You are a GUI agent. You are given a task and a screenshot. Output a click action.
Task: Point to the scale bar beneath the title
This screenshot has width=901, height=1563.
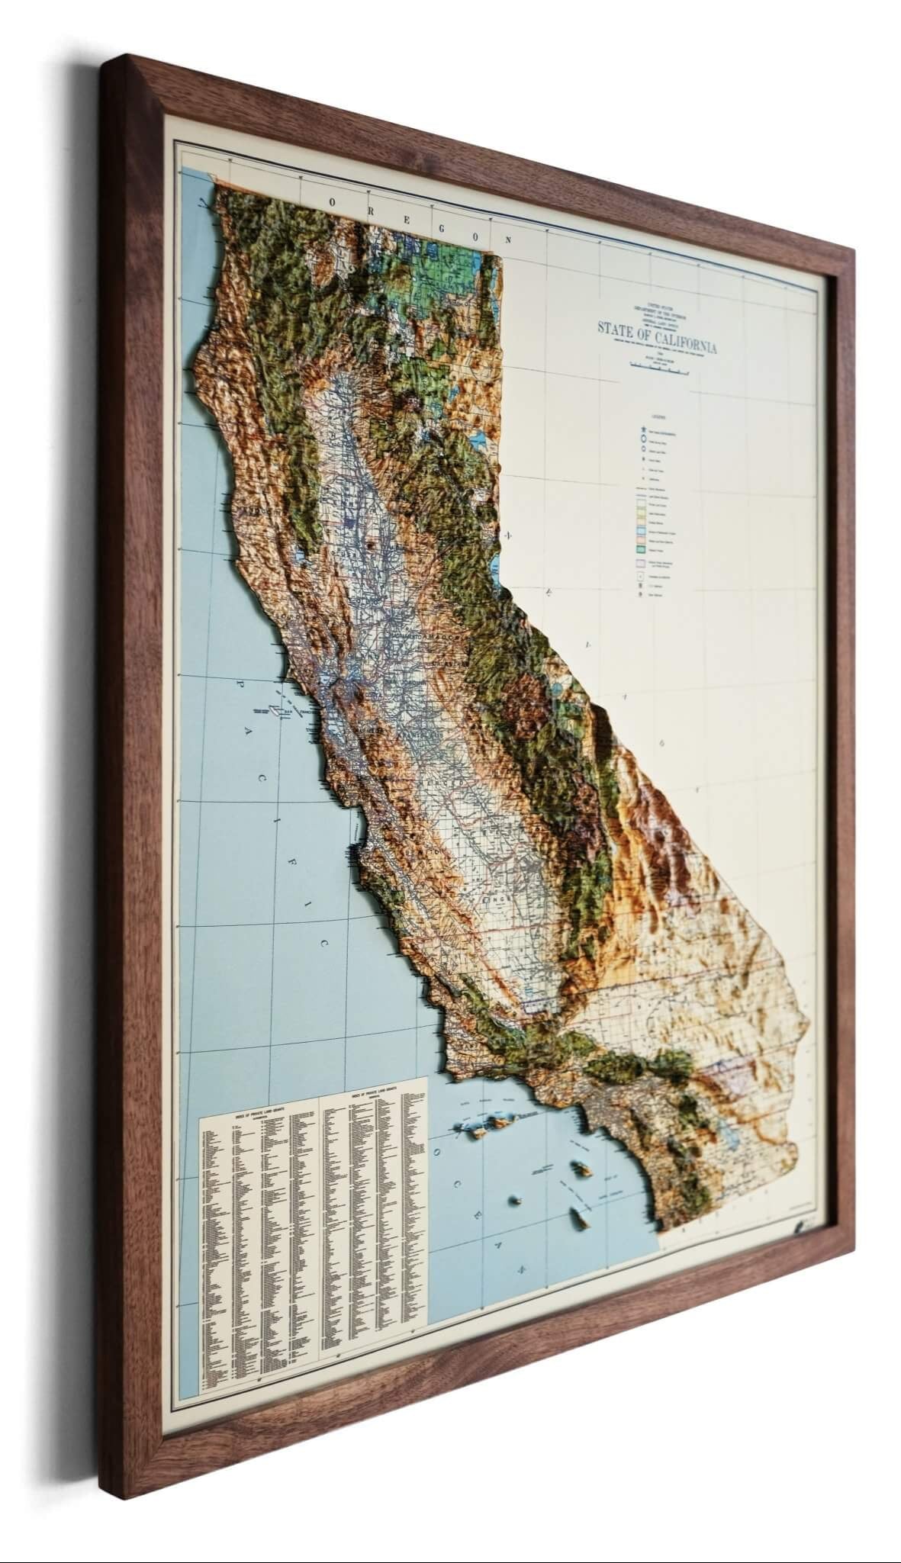pos(658,366)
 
